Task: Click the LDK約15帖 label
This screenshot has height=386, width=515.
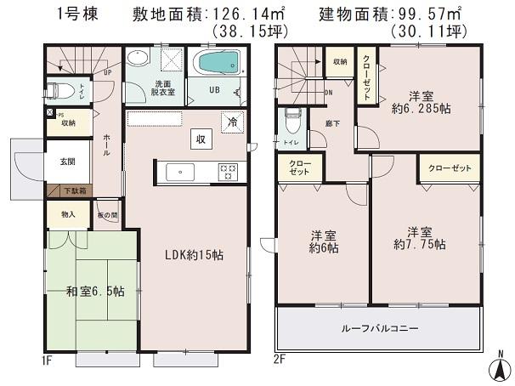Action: (195, 253)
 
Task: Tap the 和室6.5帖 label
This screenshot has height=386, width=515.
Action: (96, 291)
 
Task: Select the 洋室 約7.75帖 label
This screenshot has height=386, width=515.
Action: (419, 238)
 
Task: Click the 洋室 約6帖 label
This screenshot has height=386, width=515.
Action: (323, 241)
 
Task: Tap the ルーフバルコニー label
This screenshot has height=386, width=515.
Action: (379, 329)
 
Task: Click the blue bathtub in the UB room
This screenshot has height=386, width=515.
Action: (218, 65)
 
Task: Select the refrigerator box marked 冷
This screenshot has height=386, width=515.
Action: (232, 122)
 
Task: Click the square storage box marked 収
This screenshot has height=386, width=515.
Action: (201, 139)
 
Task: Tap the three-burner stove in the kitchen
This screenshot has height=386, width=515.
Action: (229, 172)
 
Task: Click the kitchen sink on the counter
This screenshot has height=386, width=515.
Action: (179, 172)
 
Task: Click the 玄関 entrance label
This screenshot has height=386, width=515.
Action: (66, 162)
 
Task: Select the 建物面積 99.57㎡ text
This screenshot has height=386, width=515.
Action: (390, 14)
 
